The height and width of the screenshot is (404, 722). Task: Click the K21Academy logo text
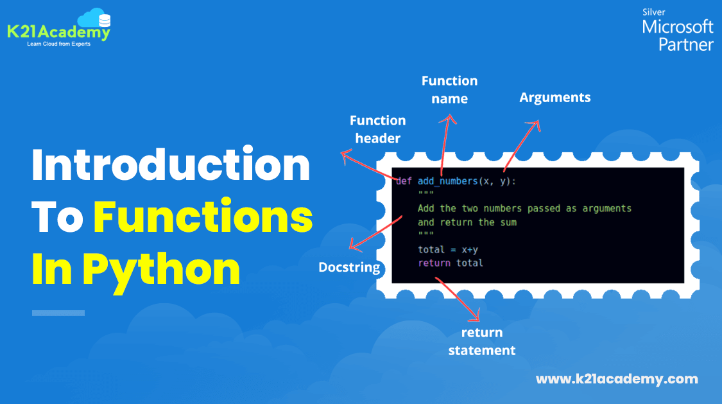58,31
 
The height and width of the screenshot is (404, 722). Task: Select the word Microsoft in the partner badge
677,27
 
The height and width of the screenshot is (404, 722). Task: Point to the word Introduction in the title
171,166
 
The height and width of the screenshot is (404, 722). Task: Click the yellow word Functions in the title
203,218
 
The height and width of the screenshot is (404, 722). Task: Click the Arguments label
554,98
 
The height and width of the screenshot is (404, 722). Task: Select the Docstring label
349,267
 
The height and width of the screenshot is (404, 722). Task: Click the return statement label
481,341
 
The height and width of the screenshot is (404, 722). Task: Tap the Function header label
377,129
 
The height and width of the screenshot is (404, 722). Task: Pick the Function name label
449,90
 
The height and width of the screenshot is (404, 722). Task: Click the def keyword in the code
404,181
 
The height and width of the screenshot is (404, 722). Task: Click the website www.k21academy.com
616,379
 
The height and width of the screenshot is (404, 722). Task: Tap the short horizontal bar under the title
58,313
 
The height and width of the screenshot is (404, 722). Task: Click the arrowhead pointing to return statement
477,318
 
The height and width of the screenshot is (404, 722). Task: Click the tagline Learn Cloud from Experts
58,44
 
